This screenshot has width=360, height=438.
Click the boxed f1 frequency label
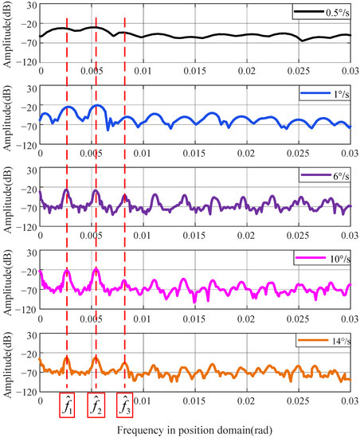68,405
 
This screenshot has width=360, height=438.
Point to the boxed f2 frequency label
96,405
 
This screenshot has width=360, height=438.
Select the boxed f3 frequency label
124,405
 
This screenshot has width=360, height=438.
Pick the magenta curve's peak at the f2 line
96,270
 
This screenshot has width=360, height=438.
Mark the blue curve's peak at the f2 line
96,106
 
